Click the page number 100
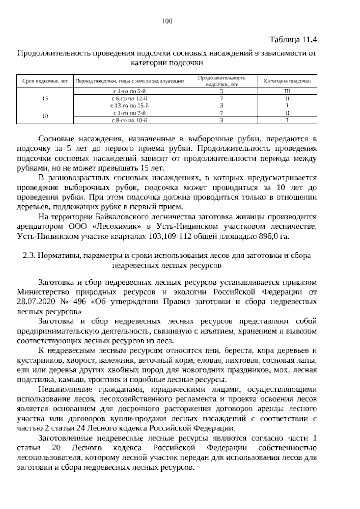pyautogui.click(x=167, y=21)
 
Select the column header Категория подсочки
pyautogui.click(x=287, y=81)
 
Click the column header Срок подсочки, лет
pyautogui.click(x=45, y=81)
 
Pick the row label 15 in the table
pyautogui.click(x=45, y=98)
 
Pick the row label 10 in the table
pyautogui.click(x=45, y=117)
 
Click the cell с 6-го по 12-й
pyautogui.click(x=130, y=98)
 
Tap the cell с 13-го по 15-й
pyautogui.click(x=130, y=106)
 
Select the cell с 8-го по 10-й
pyautogui.click(x=130, y=121)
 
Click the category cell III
pyautogui.click(x=287, y=91)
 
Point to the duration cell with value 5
pyautogui.click(x=221, y=91)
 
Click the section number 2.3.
pyautogui.click(x=29, y=256)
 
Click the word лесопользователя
pyautogui.click(x=49, y=458)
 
